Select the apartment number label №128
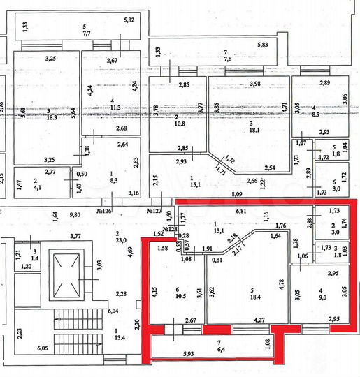[x=169, y=228]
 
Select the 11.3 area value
[x=116, y=107]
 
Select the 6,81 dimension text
[x=241, y=212]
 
